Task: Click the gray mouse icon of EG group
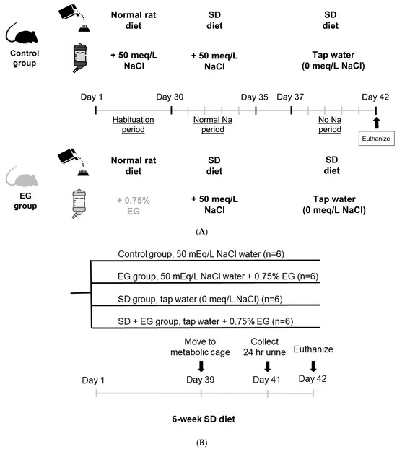[19, 178]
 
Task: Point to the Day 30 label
[171, 95]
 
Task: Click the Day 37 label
[291, 95]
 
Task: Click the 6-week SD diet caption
[200, 417]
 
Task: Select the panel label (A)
[198, 231]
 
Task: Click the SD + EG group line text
[211, 320]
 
